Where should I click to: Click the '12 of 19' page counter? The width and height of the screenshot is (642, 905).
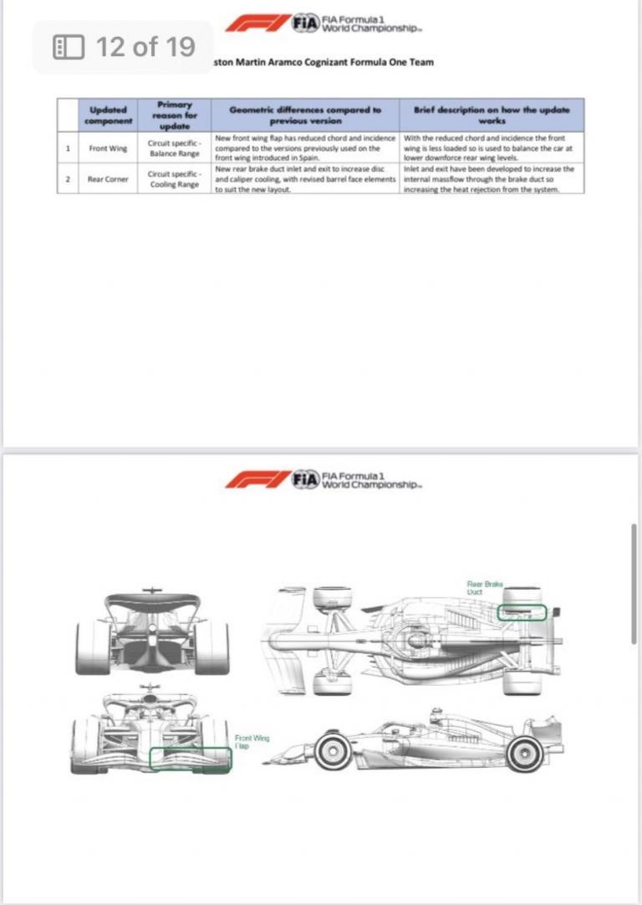124,47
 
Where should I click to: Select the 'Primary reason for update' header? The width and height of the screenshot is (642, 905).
171,115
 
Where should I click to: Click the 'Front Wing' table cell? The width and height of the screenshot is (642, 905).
107,148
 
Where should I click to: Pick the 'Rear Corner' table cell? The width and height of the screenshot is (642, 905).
108,179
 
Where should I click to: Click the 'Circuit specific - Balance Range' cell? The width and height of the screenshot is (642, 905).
171,148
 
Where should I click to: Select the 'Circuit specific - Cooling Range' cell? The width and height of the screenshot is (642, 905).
171,179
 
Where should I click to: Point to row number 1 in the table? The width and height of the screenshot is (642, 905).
67,148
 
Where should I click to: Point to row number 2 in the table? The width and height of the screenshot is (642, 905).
67,179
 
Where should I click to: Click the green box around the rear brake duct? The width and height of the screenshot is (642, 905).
522,613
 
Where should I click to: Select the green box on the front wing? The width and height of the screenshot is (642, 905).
190,759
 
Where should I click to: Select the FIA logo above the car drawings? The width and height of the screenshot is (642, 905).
306,479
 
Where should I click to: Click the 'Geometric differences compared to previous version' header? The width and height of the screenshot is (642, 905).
305,115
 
